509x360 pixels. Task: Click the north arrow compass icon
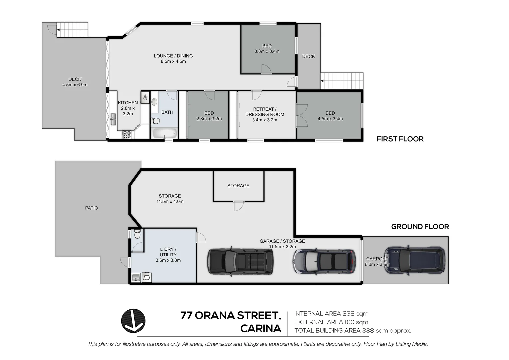[x=133, y=321]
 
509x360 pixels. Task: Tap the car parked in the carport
[x=414, y=261]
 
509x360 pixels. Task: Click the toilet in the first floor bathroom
[x=156, y=121]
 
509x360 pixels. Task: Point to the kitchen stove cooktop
[x=127, y=134]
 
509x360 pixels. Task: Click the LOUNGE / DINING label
[x=173, y=56]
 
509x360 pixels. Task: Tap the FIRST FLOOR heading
[x=400, y=139]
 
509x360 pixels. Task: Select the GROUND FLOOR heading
[x=420, y=227]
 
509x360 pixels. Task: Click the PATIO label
[x=91, y=208]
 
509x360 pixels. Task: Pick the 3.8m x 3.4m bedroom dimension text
[x=267, y=51]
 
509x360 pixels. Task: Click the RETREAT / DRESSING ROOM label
[x=264, y=112]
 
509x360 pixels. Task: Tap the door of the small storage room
[x=238, y=206]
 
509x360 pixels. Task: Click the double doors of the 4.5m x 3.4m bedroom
[x=302, y=115]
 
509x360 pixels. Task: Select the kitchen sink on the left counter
[x=113, y=119]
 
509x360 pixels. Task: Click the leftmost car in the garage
[x=240, y=262]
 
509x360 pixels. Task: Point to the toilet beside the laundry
[x=137, y=235]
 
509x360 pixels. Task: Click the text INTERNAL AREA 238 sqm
[x=331, y=314]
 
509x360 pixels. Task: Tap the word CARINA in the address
[x=260, y=329]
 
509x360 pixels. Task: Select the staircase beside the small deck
[x=342, y=81]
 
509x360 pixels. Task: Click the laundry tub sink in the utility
[x=136, y=277]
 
